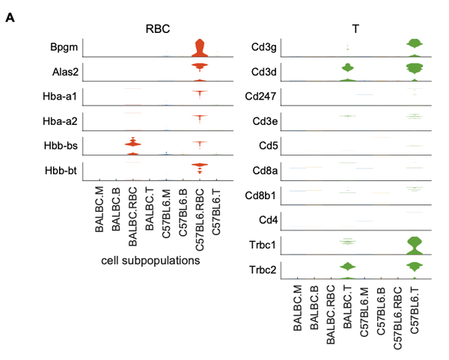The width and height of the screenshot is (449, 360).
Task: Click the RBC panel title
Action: (x=159, y=29)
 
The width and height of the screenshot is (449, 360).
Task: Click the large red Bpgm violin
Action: (x=199, y=50)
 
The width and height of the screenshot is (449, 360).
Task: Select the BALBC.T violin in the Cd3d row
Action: (x=346, y=72)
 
